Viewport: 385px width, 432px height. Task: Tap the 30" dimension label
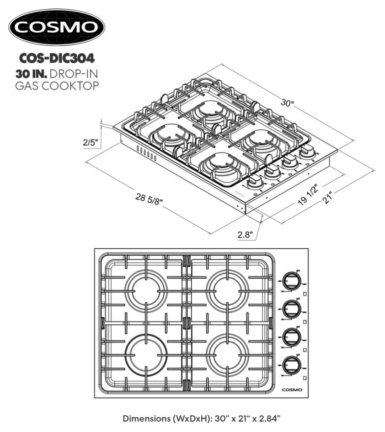click(287, 103)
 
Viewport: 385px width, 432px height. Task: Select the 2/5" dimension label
click(90, 142)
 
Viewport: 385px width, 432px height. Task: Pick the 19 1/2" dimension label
click(302, 196)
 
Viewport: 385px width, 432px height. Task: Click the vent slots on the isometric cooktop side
click(146, 153)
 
